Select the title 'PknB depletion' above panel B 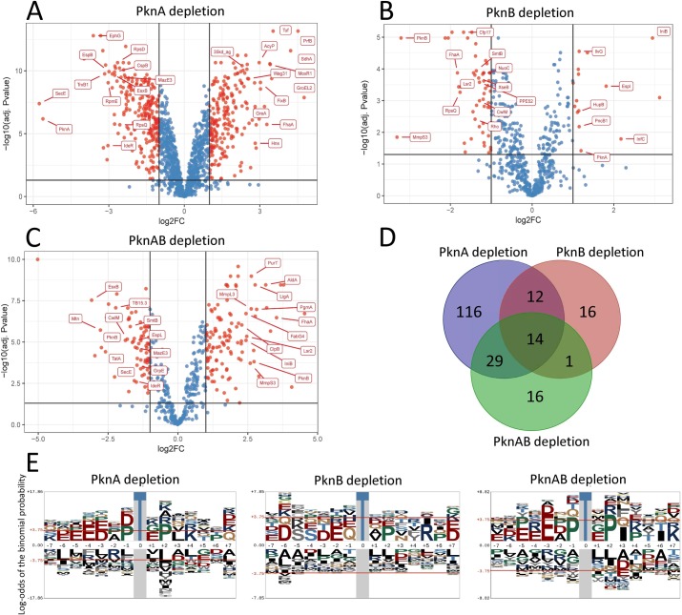(x=522, y=14)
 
